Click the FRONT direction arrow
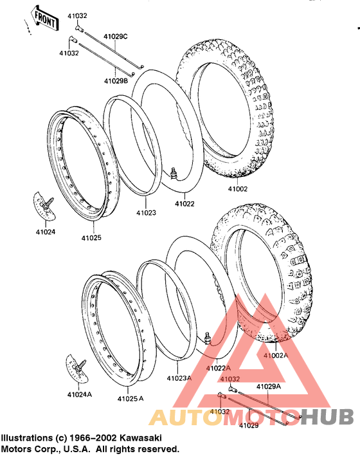(x=44, y=17)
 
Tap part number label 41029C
(x=116, y=37)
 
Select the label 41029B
(x=116, y=81)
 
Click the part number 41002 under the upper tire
(x=238, y=188)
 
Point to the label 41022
(x=184, y=203)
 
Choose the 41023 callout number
(x=146, y=213)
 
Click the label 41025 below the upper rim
(x=91, y=238)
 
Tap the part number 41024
(x=46, y=232)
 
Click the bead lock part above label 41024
(x=44, y=205)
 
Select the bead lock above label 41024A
(x=76, y=369)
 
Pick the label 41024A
(x=80, y=394)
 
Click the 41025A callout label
(x=130, y=398)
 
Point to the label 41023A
(x=179, y=378)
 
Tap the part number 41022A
(x=218, y=369)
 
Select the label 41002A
(x=276, y=356)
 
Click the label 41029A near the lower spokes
(x=269, y=387)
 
